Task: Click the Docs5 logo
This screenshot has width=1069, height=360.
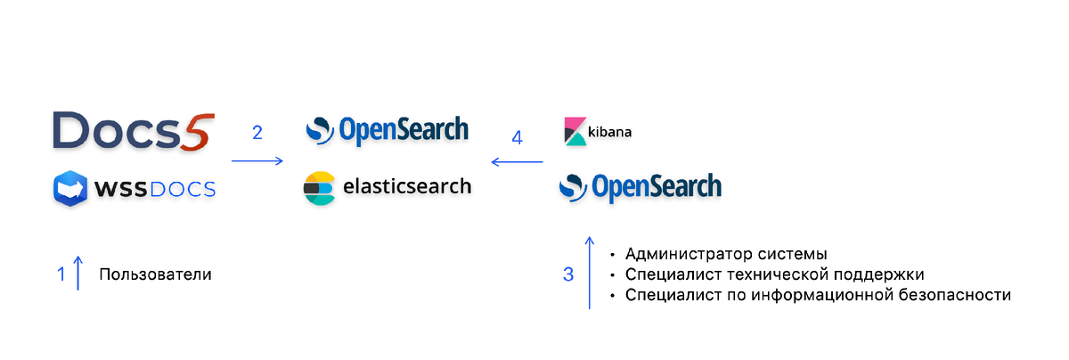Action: point(134,131)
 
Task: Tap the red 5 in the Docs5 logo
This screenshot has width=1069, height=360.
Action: point(198,132)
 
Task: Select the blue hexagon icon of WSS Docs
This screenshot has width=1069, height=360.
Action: point(70,189)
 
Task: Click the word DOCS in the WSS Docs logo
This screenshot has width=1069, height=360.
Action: point(183,190)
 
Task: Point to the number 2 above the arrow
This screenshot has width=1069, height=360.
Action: point(257,132)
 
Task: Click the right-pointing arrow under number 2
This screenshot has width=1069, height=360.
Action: point(257,161)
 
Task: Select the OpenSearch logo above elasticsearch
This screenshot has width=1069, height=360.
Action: point(387,130)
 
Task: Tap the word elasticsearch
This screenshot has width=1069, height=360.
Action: point(407,186)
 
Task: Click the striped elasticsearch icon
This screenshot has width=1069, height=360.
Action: point(319,188)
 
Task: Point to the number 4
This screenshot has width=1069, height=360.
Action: point(517,138)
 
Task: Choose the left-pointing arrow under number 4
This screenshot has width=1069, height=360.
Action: point(517,162)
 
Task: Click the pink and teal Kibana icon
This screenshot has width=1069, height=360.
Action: point(575,131)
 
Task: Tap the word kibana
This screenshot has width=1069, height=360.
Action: point(609,132)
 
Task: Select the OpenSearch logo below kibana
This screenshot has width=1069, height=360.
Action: point(641,187)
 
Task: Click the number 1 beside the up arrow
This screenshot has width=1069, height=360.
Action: point(61,274)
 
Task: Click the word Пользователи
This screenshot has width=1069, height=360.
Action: point(155,274)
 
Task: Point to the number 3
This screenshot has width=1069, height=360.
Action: point(568,274)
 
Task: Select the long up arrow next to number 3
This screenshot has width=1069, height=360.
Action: point(590,273)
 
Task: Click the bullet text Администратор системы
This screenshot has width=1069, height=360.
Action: point(726,254)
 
